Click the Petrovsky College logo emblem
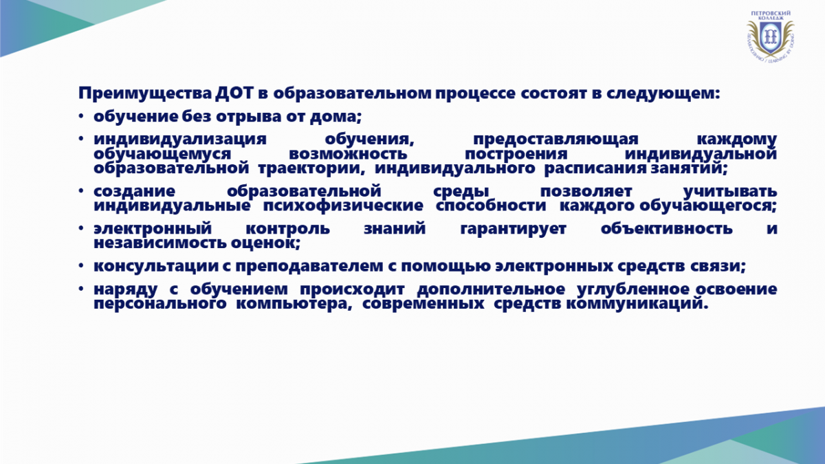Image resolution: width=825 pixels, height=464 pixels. (770, 36)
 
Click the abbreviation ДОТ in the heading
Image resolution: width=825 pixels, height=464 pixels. (234, 93)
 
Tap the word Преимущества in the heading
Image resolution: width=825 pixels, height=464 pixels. (145, 94)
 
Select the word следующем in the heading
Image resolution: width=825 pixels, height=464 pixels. (663, 94)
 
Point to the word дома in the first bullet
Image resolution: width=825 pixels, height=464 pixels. (335, 117)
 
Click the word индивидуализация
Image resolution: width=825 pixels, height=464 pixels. (180, 140)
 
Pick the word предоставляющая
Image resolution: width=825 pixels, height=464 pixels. (555, 140)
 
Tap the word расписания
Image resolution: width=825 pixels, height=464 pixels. (595, 169)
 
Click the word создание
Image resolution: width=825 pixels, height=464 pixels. (135, 192)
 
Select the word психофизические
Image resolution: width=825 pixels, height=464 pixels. (343, 206)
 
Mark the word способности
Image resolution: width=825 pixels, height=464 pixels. (491, 206)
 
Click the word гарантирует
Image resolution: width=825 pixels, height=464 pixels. (513, 229)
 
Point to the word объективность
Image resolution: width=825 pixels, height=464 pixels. (667, 228)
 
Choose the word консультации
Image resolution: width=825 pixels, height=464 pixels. (156, 266)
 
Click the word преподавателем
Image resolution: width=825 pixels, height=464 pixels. (309, 267)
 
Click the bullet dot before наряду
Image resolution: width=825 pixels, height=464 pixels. (81, 289)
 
